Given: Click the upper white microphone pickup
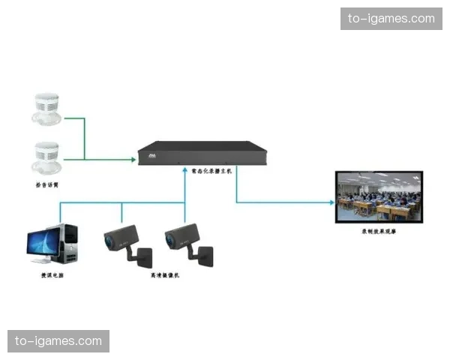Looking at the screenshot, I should click(46, 109).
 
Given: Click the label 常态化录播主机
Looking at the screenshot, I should click(207, 172).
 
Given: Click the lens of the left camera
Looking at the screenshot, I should click(112, 241).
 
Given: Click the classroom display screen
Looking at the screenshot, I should click(379, 196).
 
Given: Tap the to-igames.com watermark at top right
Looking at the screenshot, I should click(391, 18).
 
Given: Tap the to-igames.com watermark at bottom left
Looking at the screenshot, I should click(59, 341).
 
